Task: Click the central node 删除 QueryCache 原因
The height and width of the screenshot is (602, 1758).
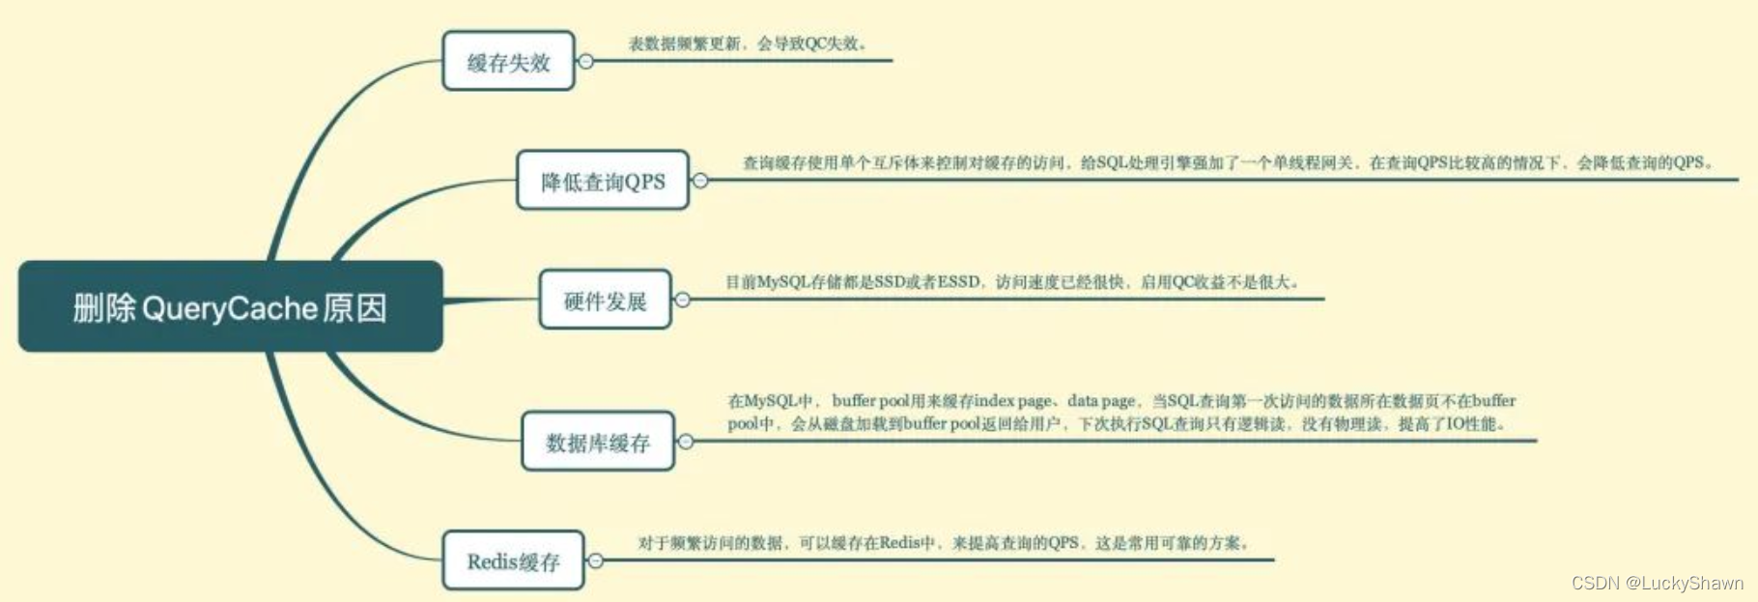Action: (x=230, y=306)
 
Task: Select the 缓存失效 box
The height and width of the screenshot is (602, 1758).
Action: (x=508, y=62)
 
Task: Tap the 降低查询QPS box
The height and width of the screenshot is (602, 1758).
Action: (x=603, y=181)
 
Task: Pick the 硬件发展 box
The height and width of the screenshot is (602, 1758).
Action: (x=605, y=301)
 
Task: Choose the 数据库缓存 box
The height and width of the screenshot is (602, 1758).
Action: (x=597, y=442)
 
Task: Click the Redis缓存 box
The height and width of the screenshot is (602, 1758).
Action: (x=513, y=560)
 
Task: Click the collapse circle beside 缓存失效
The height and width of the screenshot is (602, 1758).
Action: (x=585, y=62)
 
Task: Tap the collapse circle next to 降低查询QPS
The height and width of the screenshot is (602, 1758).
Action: (x=700, y=181)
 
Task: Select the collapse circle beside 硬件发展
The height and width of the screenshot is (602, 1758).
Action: (x=682, y=301)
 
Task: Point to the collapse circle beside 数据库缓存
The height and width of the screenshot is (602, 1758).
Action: (x=686, y=442)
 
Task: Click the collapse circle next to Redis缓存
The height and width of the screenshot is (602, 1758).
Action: (x=596, y=560)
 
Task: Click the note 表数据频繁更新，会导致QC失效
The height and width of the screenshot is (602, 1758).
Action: (x=748, y=43)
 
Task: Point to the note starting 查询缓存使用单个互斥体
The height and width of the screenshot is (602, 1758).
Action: (x=1227, y=162)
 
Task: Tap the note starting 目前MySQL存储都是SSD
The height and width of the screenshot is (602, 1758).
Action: (x=1012, y=282)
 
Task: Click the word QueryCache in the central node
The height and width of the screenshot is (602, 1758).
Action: (x=230, y=308)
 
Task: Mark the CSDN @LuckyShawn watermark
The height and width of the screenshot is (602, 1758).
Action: (x=1657, y=583)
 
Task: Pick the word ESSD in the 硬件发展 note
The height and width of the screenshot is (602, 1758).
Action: (x=958, y=282)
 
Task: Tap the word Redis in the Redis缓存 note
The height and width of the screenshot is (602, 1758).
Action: (x=899, y=543)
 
